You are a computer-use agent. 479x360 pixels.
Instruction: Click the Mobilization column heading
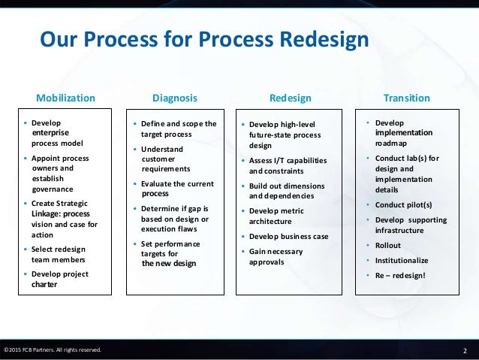coord(66,98)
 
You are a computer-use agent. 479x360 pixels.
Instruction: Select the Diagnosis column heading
coord(175,98)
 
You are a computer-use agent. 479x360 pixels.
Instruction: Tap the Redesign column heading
coord(290,98)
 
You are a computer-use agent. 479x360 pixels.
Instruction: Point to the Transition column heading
coord(406,98)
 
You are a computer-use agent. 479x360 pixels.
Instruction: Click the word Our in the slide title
coord(56,38)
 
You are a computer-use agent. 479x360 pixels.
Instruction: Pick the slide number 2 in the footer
coord(465,350)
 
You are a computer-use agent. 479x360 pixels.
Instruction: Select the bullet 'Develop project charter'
coord(60,279)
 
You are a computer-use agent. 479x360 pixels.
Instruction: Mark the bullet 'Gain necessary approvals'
coord(276,256)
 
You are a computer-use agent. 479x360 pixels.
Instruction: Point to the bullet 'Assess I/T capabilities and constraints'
coord(284,164)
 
